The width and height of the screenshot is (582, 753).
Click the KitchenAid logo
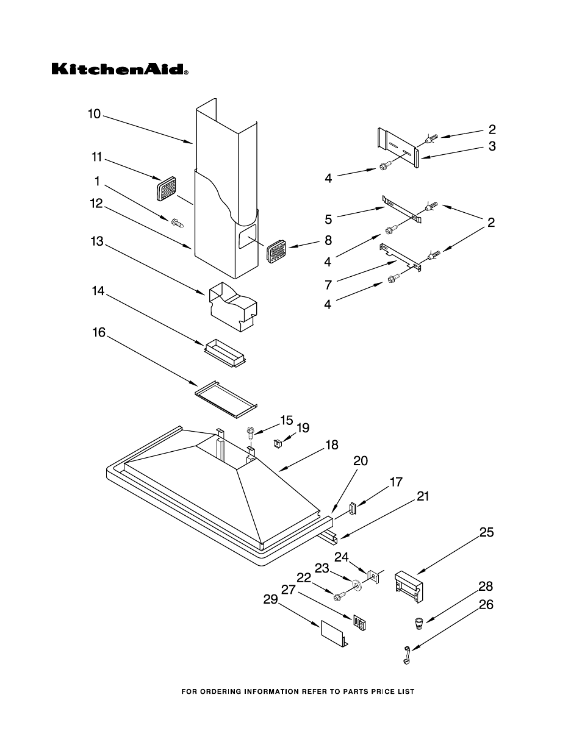coord(120,69)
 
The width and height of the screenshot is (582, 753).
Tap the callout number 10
coord(94,114)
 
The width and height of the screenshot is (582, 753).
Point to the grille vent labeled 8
coord(278,250)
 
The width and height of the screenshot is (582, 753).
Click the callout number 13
coord(98,241)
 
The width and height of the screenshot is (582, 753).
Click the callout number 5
coord(328,219)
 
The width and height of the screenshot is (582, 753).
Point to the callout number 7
coord(328,285)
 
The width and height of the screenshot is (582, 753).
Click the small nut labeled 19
coord(277,443)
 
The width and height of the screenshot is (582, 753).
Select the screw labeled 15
coord(250,433)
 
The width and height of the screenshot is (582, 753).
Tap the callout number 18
coord(332,445)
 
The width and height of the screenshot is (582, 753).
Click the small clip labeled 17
coord(353,509)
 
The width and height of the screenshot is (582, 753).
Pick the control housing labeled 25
coord(409,588)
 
